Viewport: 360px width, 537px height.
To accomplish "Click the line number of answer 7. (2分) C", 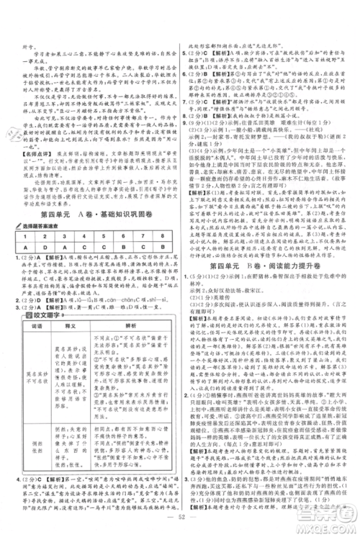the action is point(188,92).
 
